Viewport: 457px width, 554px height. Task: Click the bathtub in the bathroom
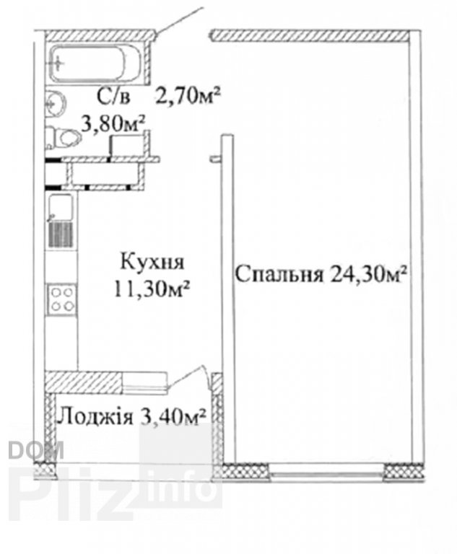95,64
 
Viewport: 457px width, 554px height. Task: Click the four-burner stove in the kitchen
62,299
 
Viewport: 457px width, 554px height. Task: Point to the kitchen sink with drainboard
61,221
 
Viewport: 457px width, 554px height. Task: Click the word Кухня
152,262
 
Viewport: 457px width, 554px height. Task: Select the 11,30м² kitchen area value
151,289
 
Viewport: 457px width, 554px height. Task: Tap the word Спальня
280,275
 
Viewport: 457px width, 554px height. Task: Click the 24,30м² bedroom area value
367,273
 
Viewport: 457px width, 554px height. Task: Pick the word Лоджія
95,417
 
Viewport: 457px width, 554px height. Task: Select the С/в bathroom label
113,97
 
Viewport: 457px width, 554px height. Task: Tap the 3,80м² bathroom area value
113,123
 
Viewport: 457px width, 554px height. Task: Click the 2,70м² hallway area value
188,96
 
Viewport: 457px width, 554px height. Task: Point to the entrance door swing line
180,20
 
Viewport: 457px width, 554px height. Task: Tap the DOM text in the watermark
36,450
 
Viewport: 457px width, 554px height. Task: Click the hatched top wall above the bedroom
310,35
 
